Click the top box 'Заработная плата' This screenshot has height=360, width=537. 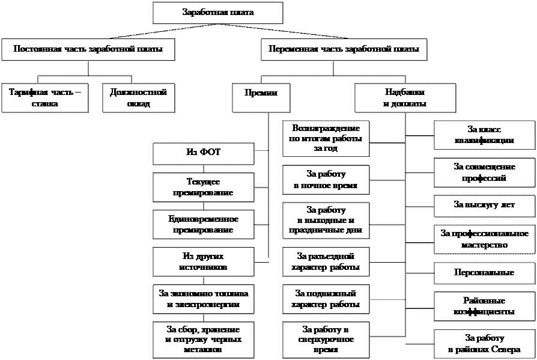point(217,13)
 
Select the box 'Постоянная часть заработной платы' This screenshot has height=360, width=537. point(88,49)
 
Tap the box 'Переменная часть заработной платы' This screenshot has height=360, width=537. point(344,49)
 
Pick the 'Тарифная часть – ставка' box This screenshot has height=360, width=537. point(45,98)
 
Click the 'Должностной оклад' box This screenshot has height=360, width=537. point(138,98)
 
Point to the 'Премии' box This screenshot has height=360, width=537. point(261,94)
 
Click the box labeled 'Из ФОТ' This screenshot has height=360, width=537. point(203,153)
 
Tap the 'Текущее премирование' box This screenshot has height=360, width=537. point(203,187)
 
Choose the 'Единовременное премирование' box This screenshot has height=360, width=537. point(203,224)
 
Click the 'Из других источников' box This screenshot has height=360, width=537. point(203,261)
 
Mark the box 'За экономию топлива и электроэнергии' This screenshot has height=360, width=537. point(203,299)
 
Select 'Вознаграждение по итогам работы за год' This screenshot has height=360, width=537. point(326,139)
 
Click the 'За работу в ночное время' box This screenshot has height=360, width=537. point(326,180)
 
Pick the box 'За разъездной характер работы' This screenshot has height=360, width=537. point(326,261)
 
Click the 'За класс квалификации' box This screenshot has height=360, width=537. point(484,135)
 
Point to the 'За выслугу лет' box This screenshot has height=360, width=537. point(484,206)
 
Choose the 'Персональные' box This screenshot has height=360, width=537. point(484,273)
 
